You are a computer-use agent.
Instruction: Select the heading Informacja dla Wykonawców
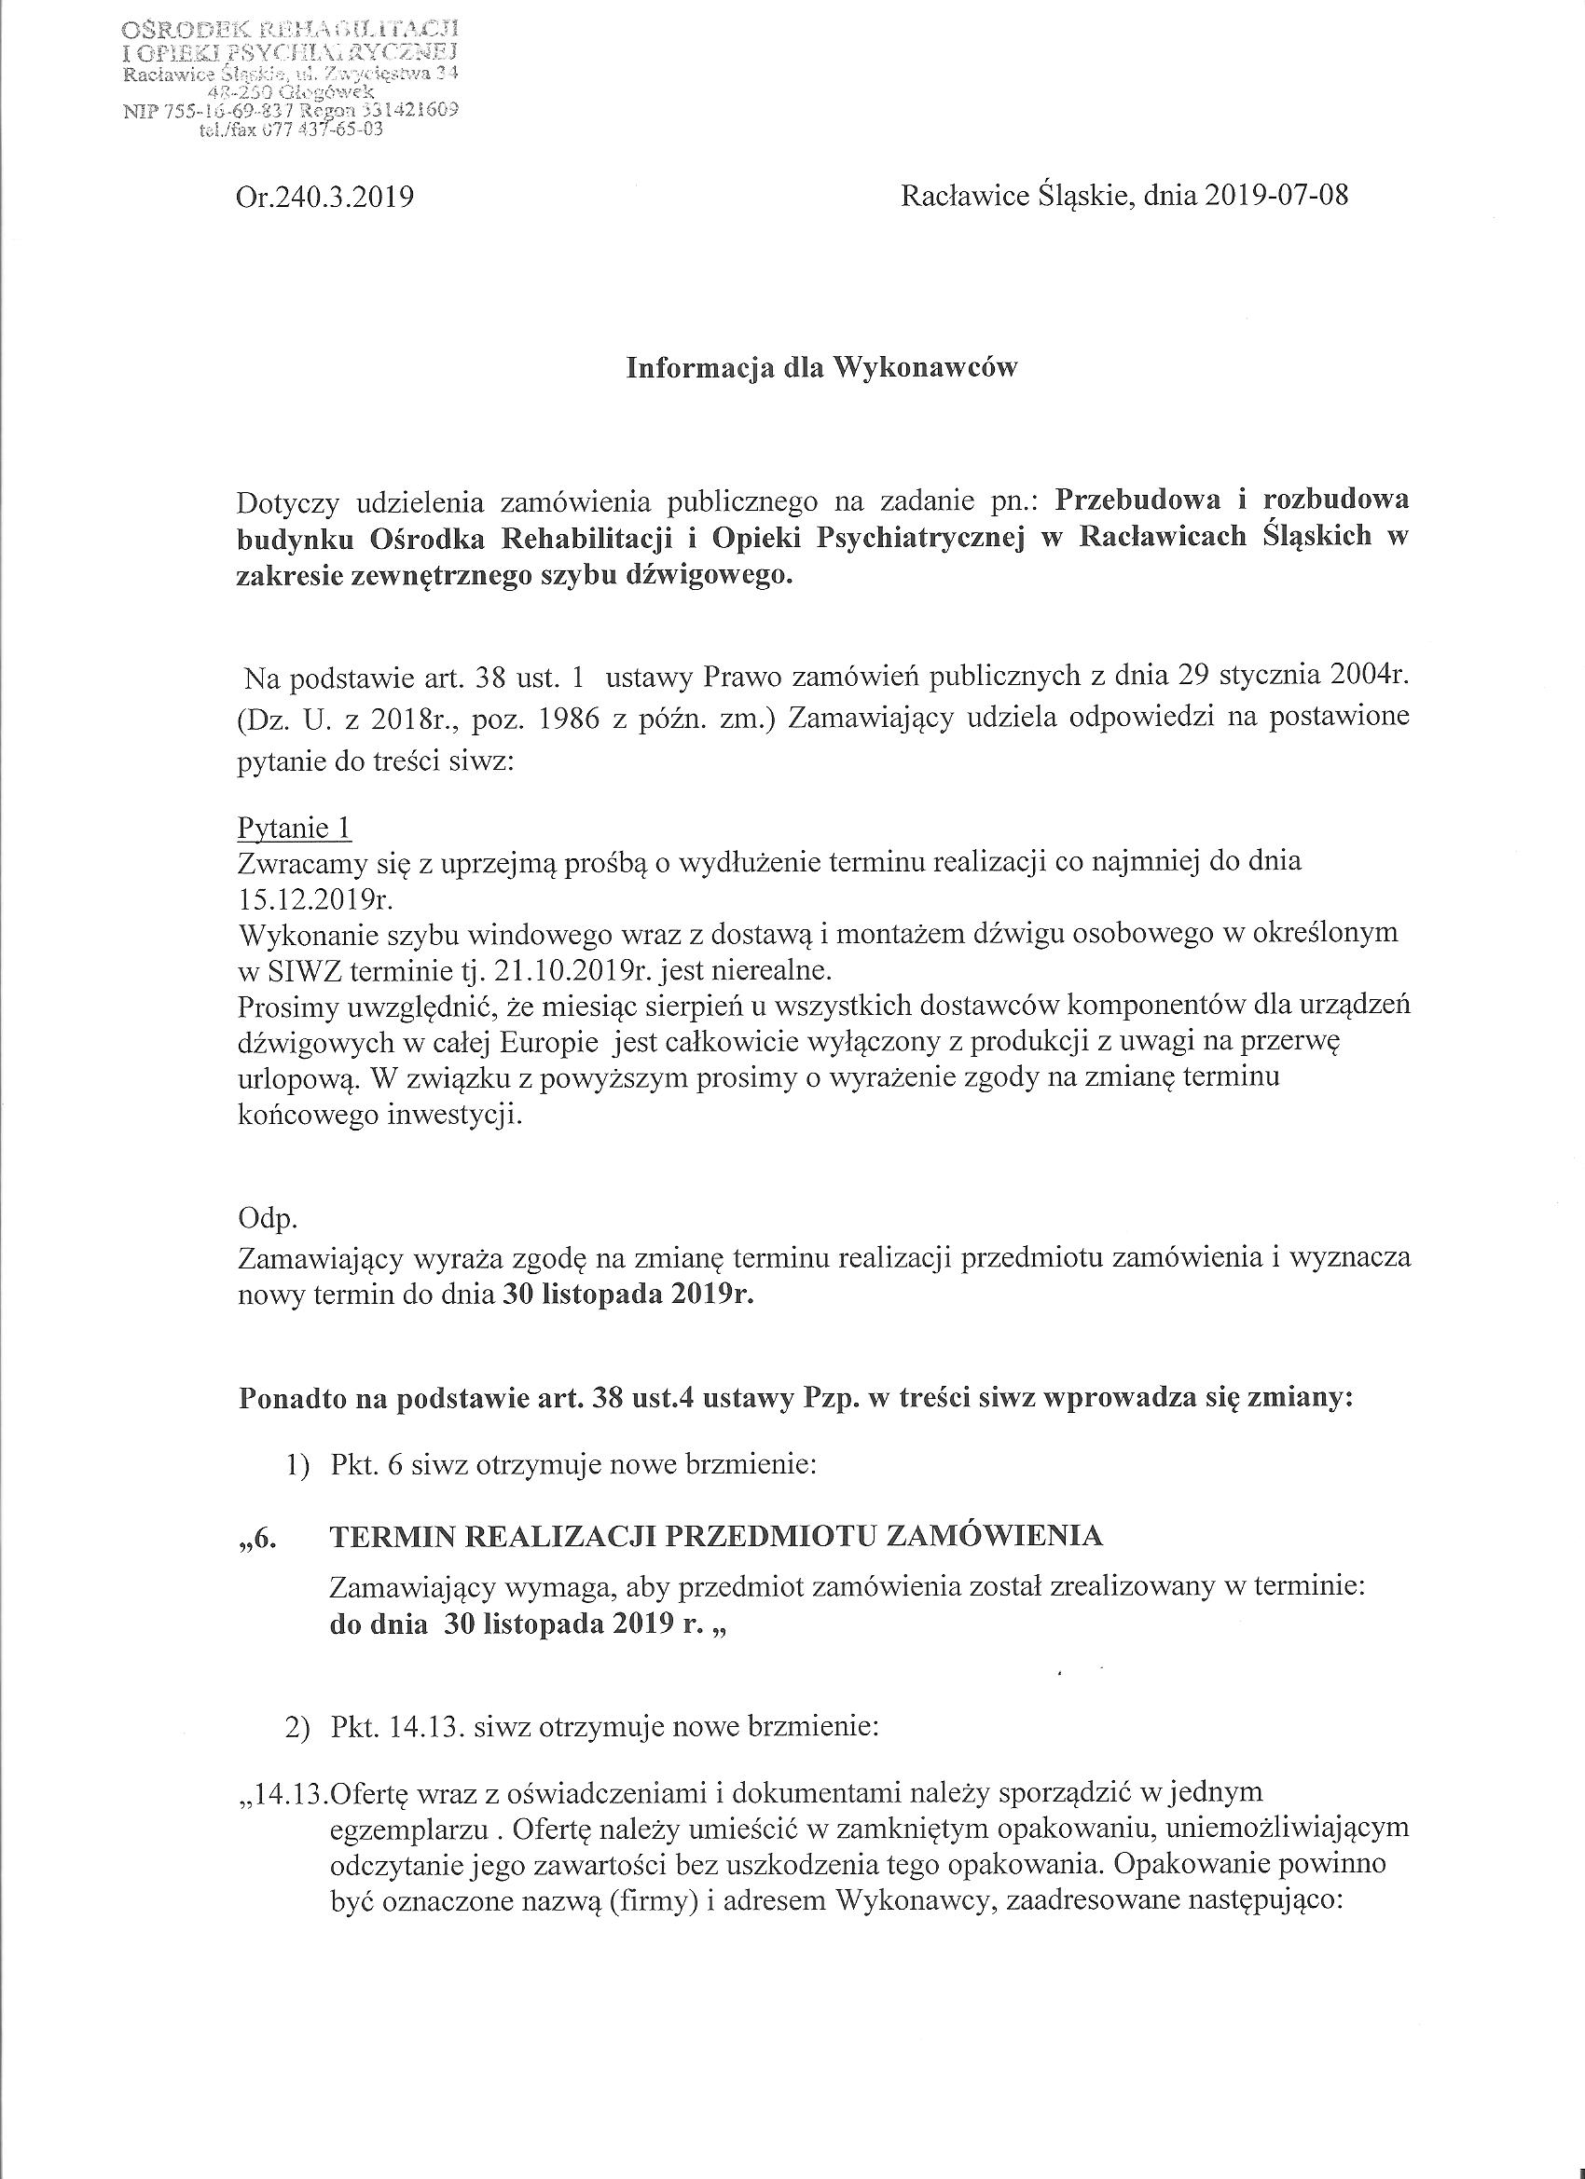[x=821, y=369]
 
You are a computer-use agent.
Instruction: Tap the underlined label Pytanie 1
[x=294, y=829]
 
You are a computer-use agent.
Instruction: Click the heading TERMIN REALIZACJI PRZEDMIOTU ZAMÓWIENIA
[x=716, y=1536]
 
